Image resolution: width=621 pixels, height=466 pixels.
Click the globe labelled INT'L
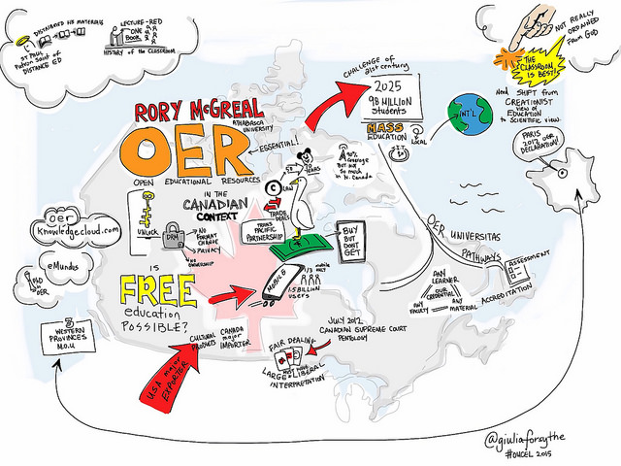[470, 116]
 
